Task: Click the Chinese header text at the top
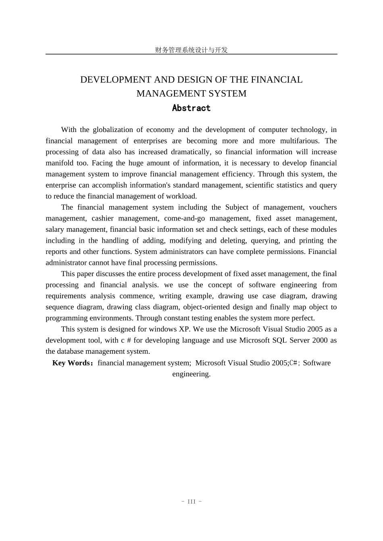point(191,50)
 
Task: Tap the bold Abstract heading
point(191,108)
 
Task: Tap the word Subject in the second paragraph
point(237,207)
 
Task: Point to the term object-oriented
point(206,307)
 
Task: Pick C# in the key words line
point(293,363)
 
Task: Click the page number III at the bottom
point(191,502)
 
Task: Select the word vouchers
point(323,207)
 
